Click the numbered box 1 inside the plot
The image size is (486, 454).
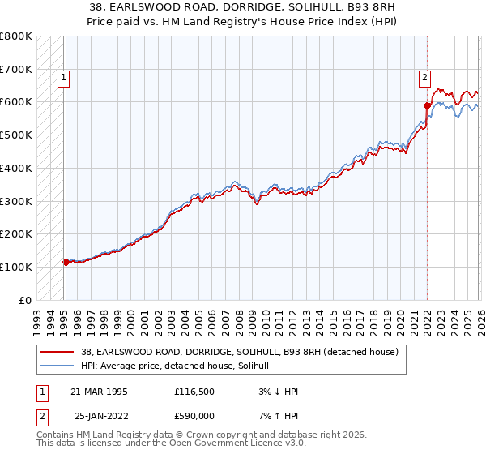coord(63,78)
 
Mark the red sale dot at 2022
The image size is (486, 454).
coord(426,105)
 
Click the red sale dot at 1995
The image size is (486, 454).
coord(66,262)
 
